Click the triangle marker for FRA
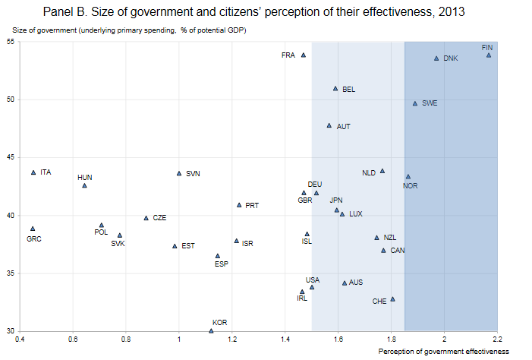304,55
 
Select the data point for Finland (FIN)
489,55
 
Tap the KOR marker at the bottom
211,330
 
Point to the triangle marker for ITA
33,172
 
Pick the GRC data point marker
33,228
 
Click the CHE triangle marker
392,298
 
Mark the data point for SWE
415,103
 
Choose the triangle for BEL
335,88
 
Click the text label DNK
451,58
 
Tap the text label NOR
410,185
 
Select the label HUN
85,177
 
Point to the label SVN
194,173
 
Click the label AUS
356,283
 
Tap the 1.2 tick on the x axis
232,339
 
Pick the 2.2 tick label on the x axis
497,339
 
